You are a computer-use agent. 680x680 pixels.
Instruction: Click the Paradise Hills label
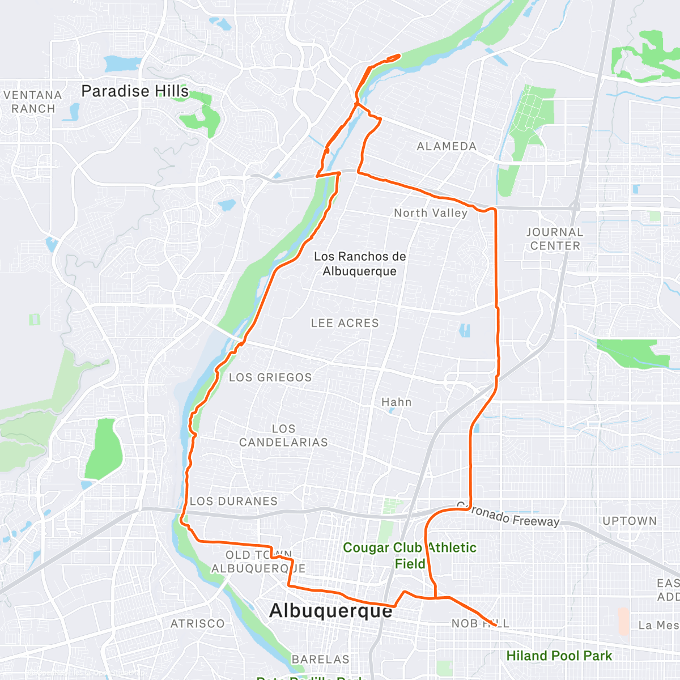tap(135, 91)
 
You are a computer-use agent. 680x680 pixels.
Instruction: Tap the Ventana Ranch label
tap(33, 102)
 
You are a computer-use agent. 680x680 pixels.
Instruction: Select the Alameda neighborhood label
tap(447, 146)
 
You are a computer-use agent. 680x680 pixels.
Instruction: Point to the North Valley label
tap(431, 213)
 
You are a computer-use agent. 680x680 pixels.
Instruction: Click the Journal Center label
tap(555, 239)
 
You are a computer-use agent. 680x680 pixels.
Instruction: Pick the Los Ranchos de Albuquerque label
tap(360, 263)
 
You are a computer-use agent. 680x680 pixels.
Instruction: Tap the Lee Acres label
tap(345, 323)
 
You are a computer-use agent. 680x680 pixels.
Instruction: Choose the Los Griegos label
tap(270, 377)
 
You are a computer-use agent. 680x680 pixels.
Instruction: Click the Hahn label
tap(396, 402)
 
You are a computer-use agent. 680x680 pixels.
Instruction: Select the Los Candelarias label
tap(283, 436)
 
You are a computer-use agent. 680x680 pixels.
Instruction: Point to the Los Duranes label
tap(233, 501)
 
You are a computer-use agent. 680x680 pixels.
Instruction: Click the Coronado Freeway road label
tap(508, 515)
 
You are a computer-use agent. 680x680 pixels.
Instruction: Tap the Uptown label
tap(630, 521)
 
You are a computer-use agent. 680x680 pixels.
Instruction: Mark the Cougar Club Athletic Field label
tap(410, 555)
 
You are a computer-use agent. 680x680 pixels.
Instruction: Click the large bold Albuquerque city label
tap(331, 611)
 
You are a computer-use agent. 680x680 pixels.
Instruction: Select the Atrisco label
tap(198, 624)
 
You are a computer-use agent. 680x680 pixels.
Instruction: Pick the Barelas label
tap(321, 660)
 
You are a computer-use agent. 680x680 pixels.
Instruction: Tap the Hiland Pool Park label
tap(559, 656)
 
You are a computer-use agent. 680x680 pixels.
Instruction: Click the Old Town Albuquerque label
tap(258, 562)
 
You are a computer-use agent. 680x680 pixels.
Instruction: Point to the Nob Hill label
tap(480, 623)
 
